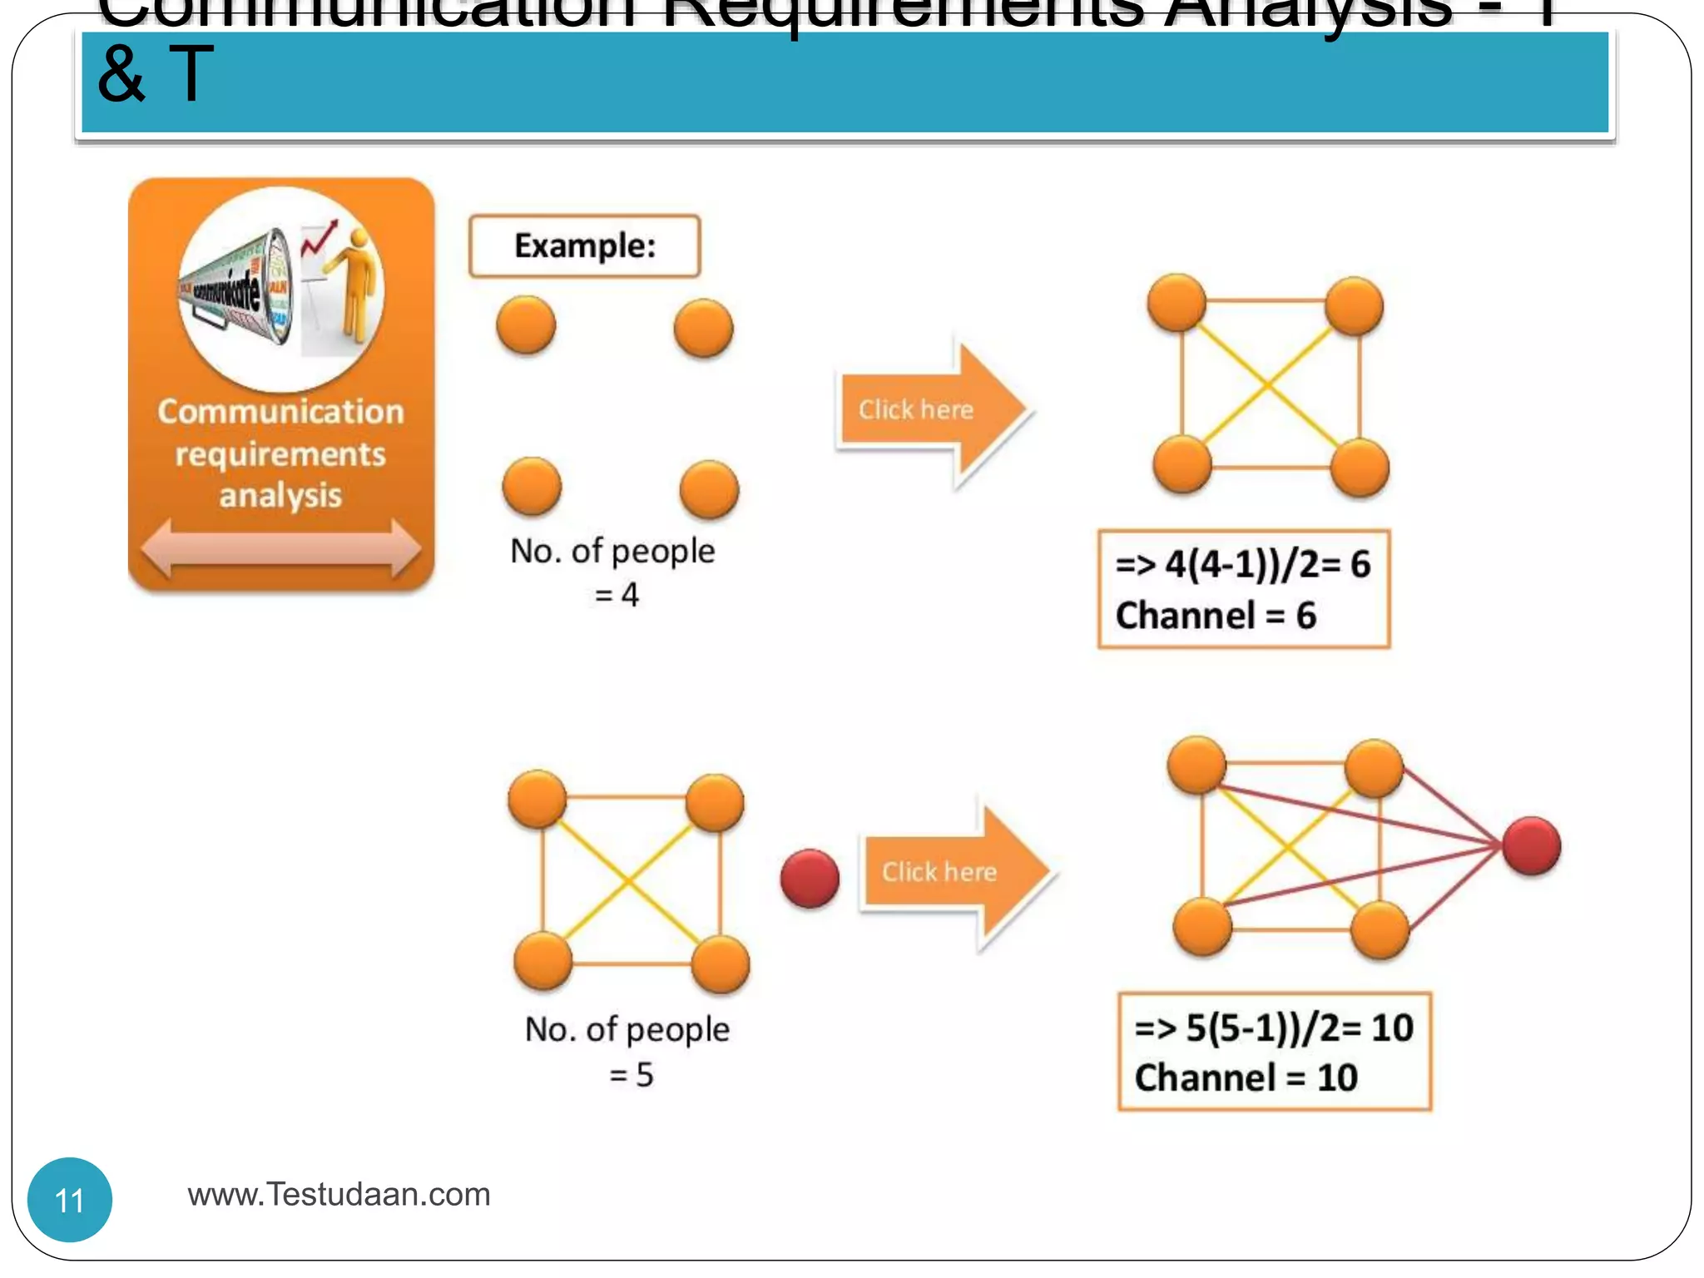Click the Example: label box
pos(584,246)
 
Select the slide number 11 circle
pos(70,1199)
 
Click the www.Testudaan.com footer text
pos(339,1194)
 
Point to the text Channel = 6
pos(1215,616)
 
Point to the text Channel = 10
pos(1246,1077)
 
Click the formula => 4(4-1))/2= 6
pos(1242,564)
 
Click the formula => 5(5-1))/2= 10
pos(1273,1028)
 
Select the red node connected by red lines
pos(1531,846)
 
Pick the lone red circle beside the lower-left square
pos(810,878)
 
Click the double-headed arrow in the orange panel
pos(280,548)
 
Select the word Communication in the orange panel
pos(280,411)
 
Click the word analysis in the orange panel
pos(280,495)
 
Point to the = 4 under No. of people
pos(617,594)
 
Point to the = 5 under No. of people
pos(631,1074)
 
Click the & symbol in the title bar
pos(121,75)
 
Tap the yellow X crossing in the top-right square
pos(1267,385)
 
